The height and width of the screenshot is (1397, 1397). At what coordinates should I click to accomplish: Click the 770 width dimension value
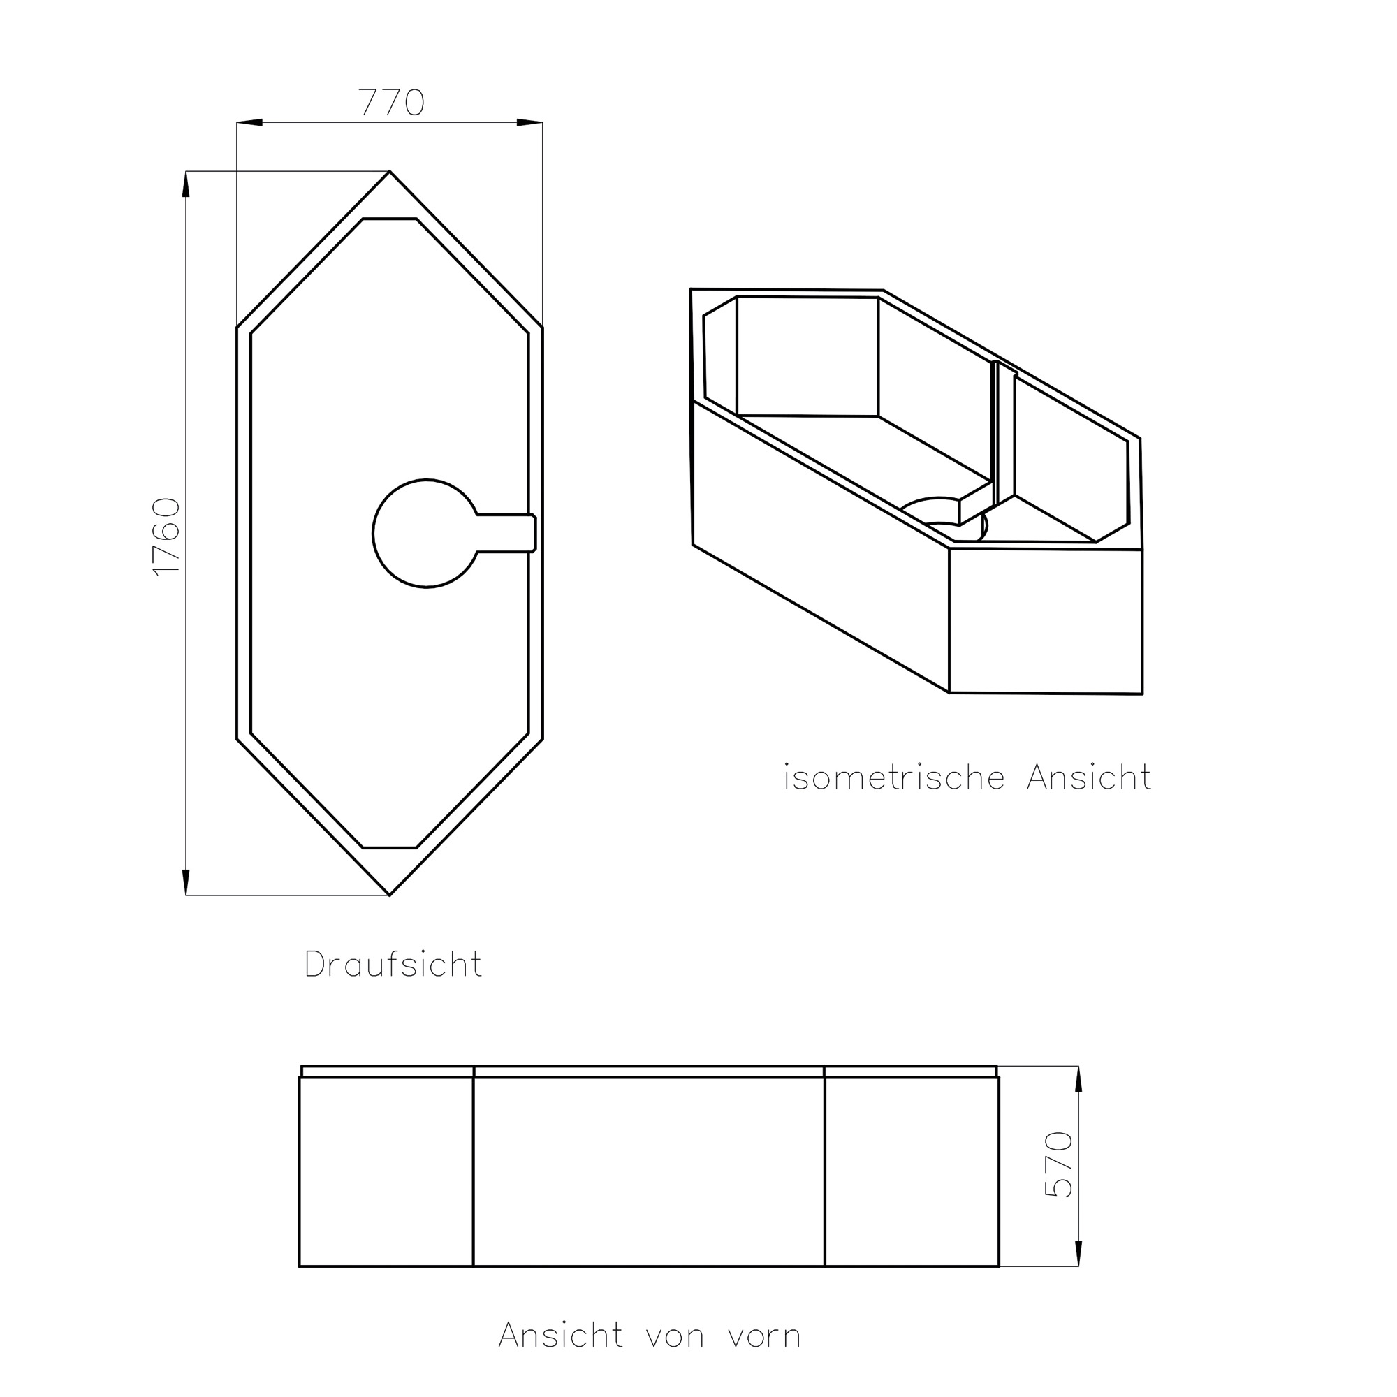coord(391,102)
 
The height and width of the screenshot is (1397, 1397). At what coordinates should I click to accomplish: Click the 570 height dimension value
coord(1060,1164)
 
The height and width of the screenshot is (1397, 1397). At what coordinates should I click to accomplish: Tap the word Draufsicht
coord(393,965)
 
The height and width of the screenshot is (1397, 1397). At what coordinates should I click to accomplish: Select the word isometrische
coord(895,778)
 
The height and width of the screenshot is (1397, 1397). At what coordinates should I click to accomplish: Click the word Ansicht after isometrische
coord(1088,777)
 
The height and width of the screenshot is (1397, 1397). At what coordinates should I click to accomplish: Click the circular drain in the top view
coord(425,534)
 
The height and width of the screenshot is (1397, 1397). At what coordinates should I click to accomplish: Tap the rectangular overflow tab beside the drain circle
coord(507,534)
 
